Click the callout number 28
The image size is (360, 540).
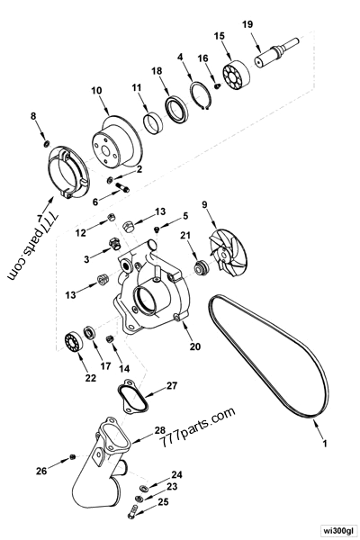[x=158, y=430]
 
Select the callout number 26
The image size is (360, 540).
[x=40, y=471]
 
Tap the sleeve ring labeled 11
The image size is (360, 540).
[x=152, y=118]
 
